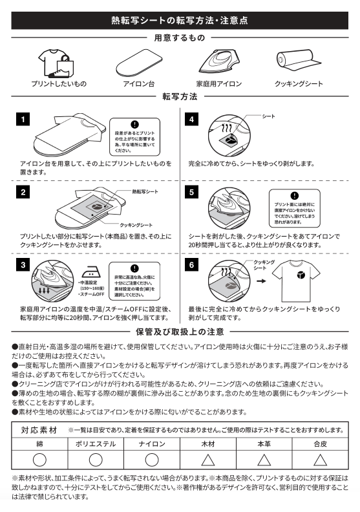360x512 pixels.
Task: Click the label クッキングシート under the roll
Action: [x=298, y=84]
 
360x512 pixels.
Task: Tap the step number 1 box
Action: [x=23, y=120]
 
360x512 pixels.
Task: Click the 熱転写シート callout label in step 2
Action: [x=143, y=192]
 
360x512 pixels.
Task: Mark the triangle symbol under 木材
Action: [x=207, y=460]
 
